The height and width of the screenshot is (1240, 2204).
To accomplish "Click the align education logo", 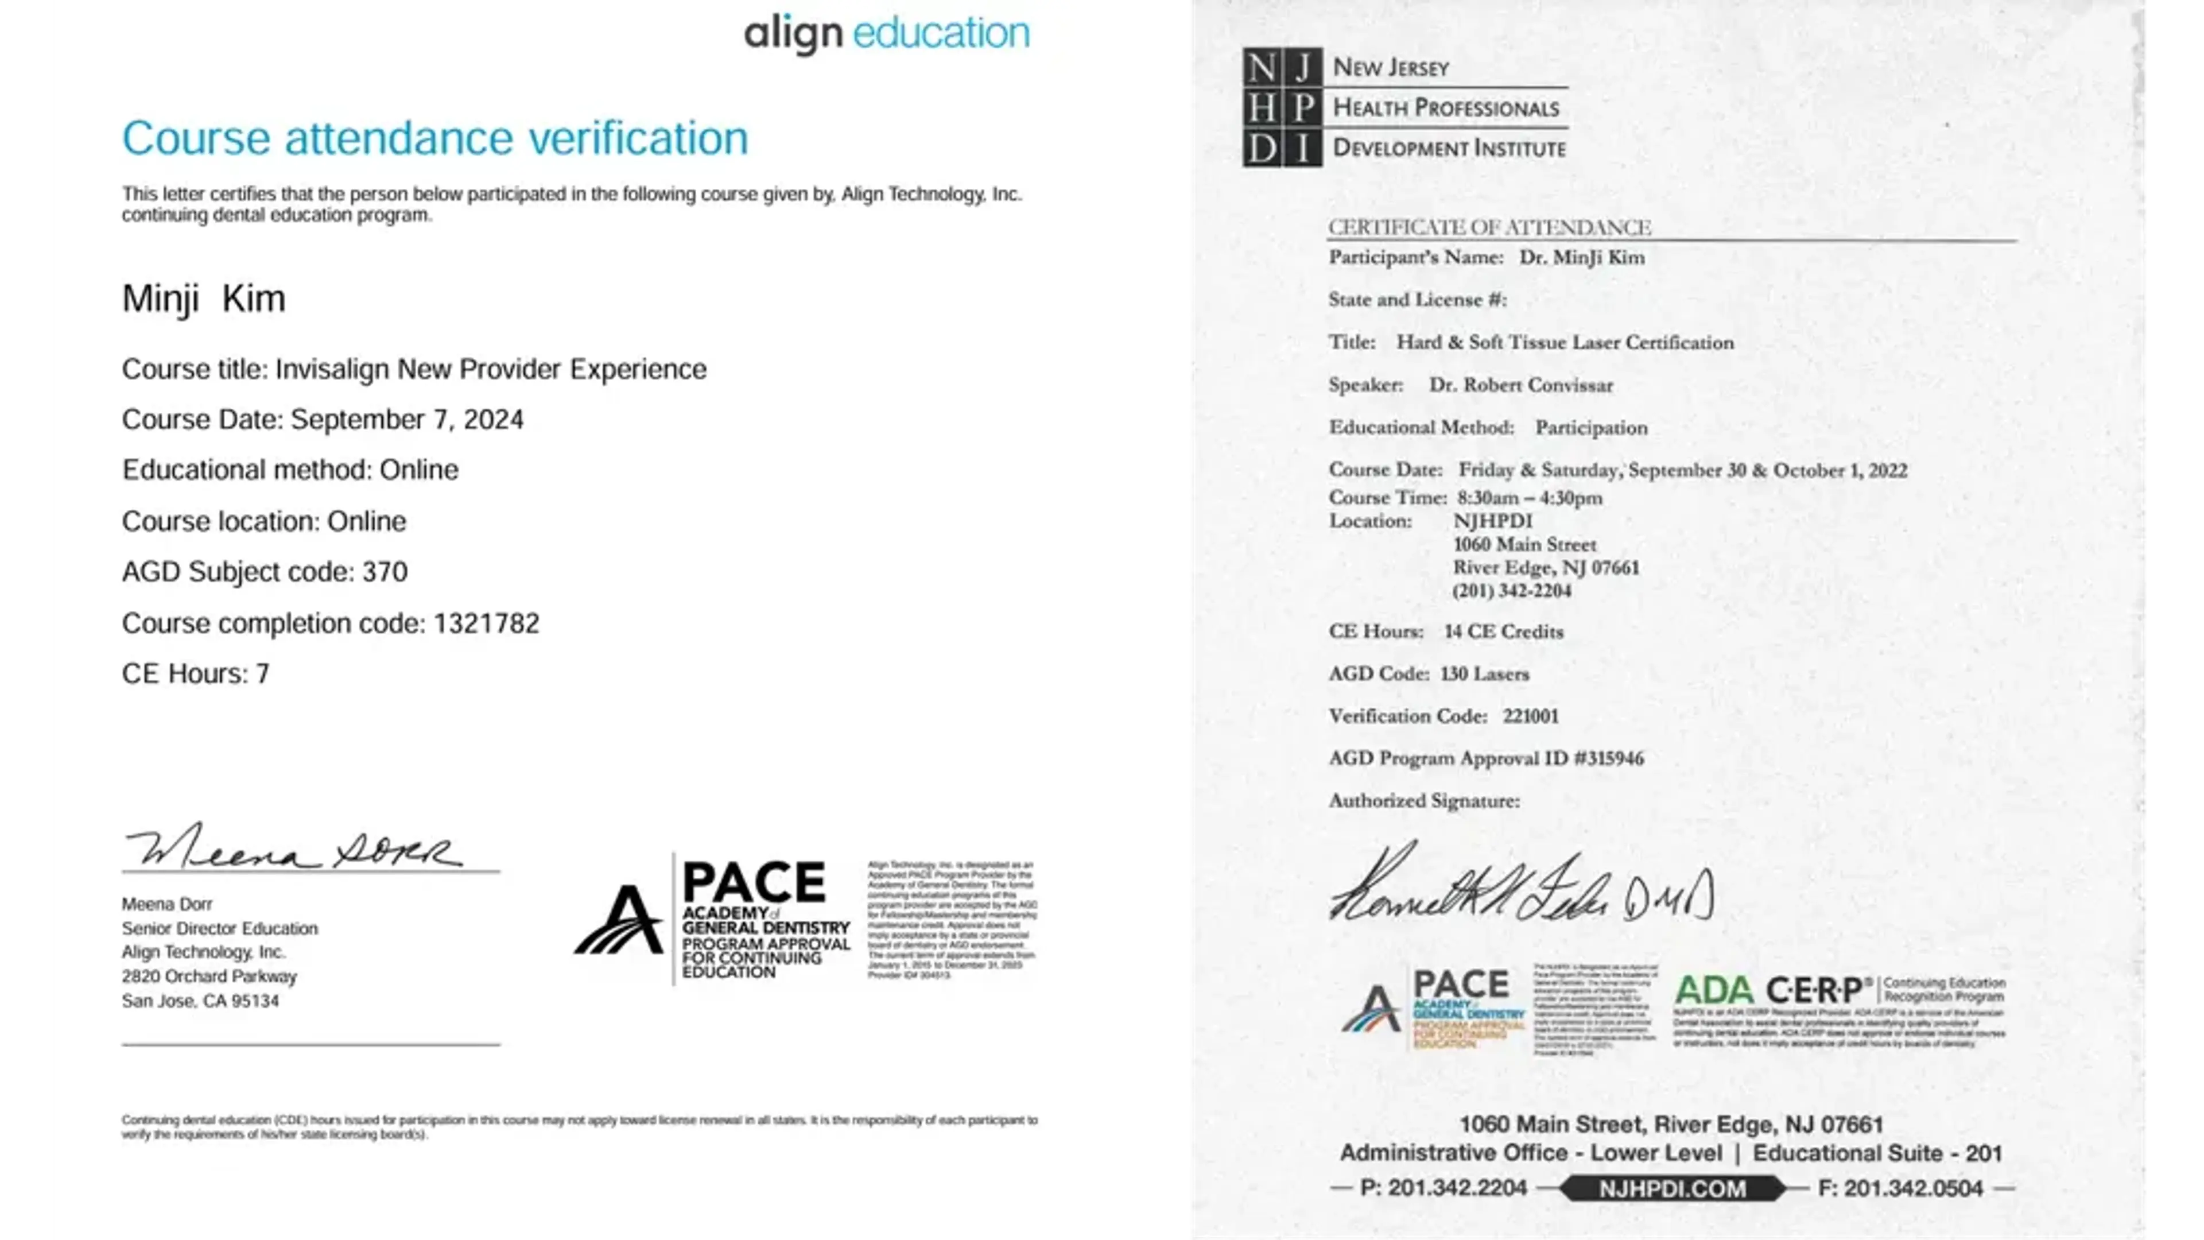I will [886, 34].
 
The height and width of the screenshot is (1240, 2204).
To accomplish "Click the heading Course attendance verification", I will [434, 138].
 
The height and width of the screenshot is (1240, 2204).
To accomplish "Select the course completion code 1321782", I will [486, 623].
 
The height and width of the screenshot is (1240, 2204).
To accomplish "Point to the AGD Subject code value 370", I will [385, 572].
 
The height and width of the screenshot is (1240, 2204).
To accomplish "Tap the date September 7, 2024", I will [408, 419].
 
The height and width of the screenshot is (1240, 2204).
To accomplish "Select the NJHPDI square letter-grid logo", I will [1282, 107].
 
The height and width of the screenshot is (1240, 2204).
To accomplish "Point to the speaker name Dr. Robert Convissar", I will [1521, 385].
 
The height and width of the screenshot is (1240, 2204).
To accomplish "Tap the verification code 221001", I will [1531, 716].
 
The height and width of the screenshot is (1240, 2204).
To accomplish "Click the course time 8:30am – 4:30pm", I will [1530, 498].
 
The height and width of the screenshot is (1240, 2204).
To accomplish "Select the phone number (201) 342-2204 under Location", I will [1512, 591].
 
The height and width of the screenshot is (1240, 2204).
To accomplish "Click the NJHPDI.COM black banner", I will [1672, 1189].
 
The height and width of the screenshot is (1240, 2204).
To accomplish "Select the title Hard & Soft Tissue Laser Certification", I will [1565, 342].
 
